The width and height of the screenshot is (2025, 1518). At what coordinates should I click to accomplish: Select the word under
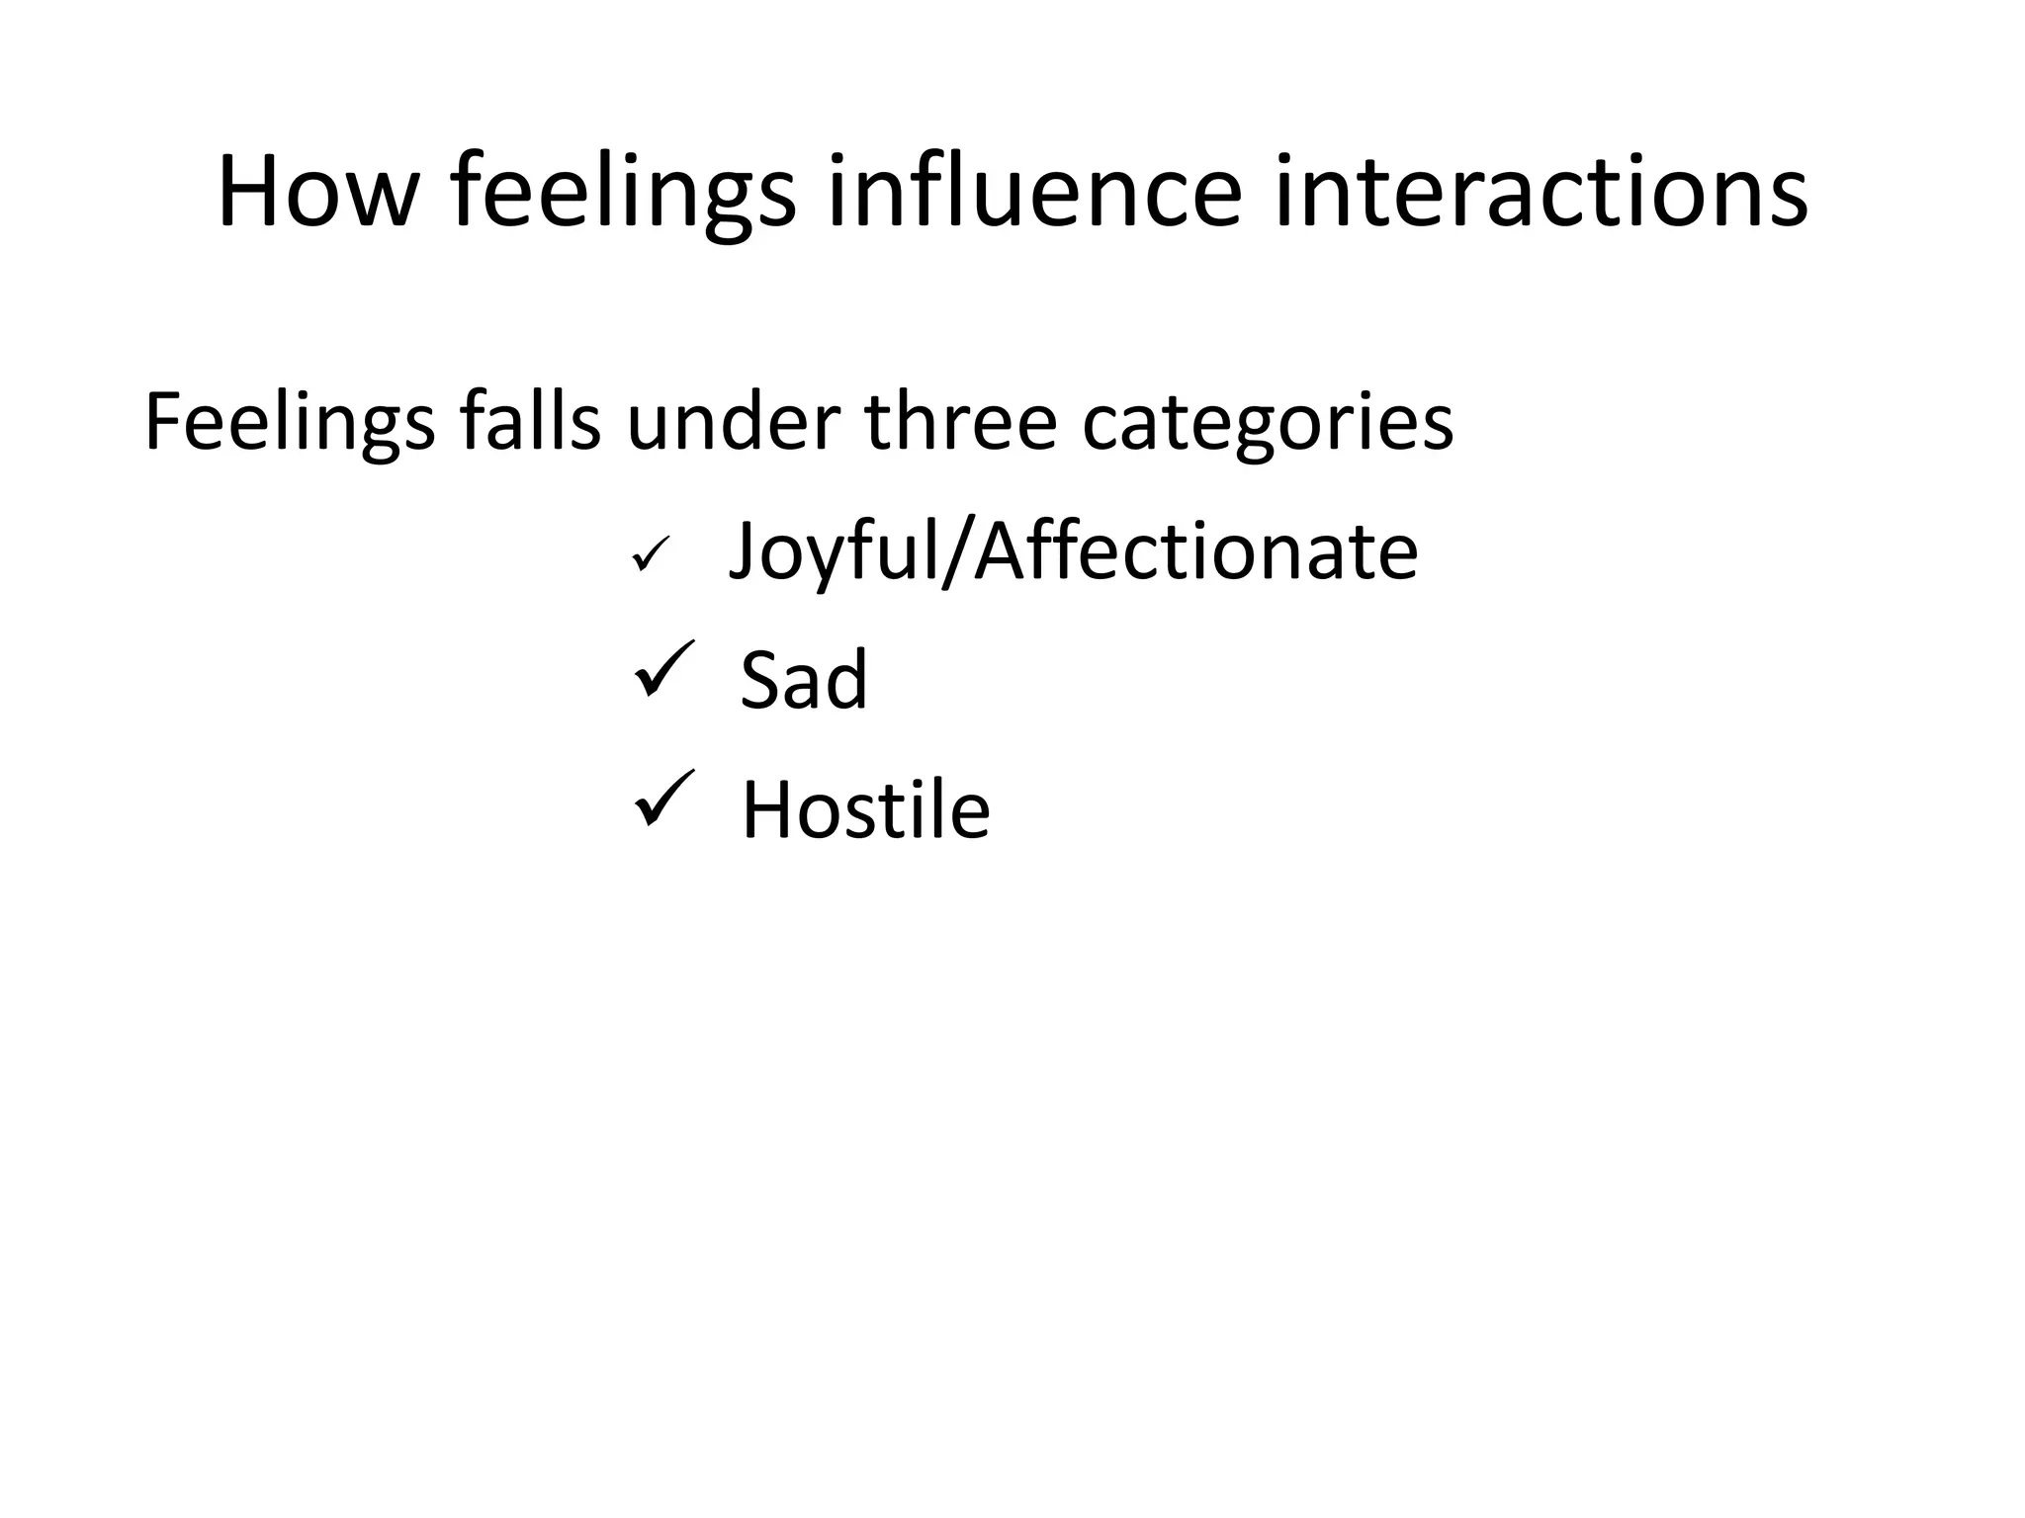pos(734,422)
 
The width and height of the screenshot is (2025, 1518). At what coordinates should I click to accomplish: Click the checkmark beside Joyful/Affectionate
pos(651,553)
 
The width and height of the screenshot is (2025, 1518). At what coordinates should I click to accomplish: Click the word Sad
pos(804,680)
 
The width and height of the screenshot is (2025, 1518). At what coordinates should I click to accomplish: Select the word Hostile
pos(865,809)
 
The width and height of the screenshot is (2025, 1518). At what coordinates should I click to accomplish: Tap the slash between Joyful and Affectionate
pos(957,551)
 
